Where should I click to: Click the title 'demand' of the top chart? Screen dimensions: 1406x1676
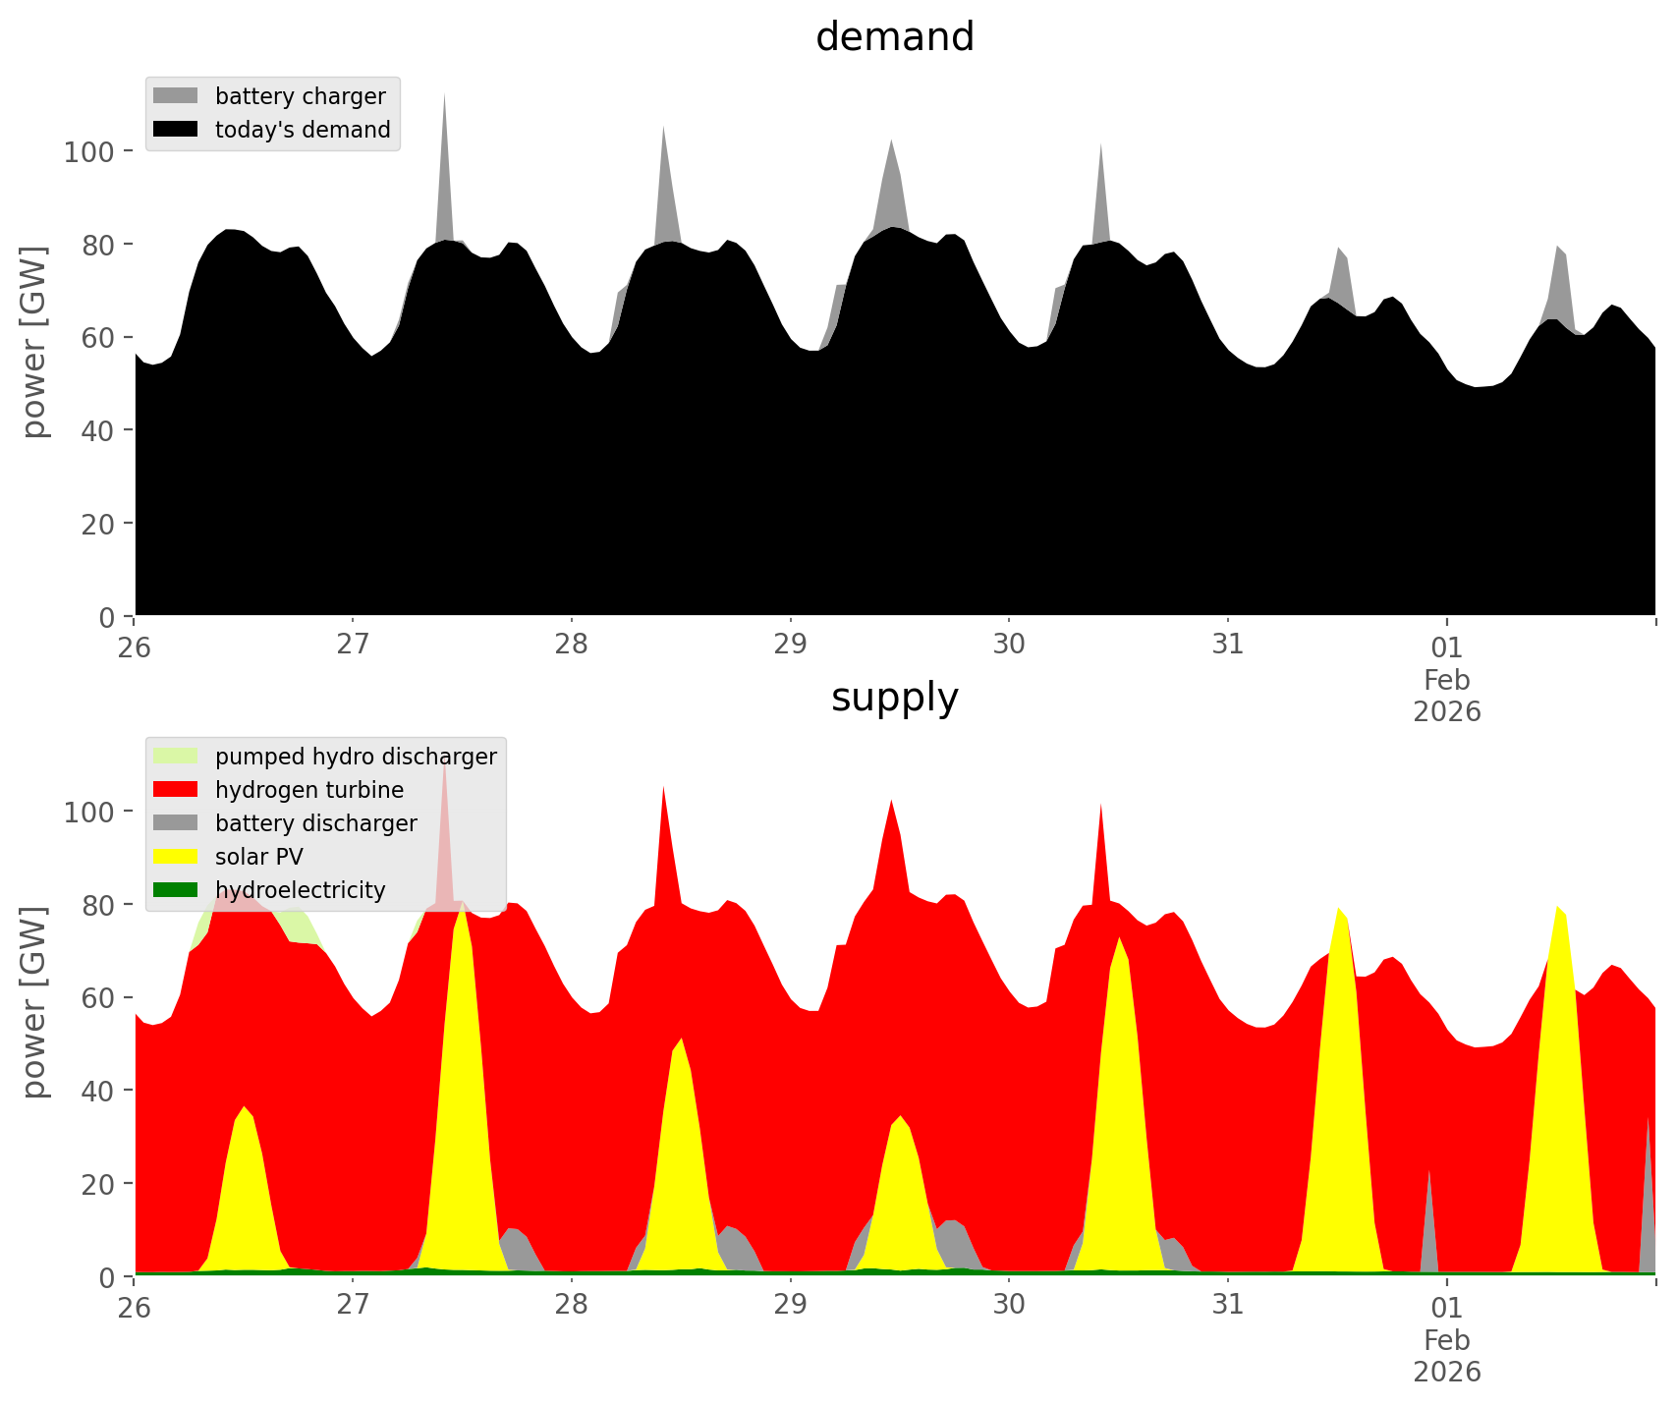click(x=894, y=37)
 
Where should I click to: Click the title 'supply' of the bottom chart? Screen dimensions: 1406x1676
click(x=894, y=698)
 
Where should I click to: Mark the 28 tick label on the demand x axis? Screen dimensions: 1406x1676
click(x=571, y=646)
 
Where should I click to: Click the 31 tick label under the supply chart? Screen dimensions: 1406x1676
click(x=1227, y=1306)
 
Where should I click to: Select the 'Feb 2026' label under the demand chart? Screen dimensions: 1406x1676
click(x=1446, y=695)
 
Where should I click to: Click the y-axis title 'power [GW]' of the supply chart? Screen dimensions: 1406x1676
click(x=34, y=1002)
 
